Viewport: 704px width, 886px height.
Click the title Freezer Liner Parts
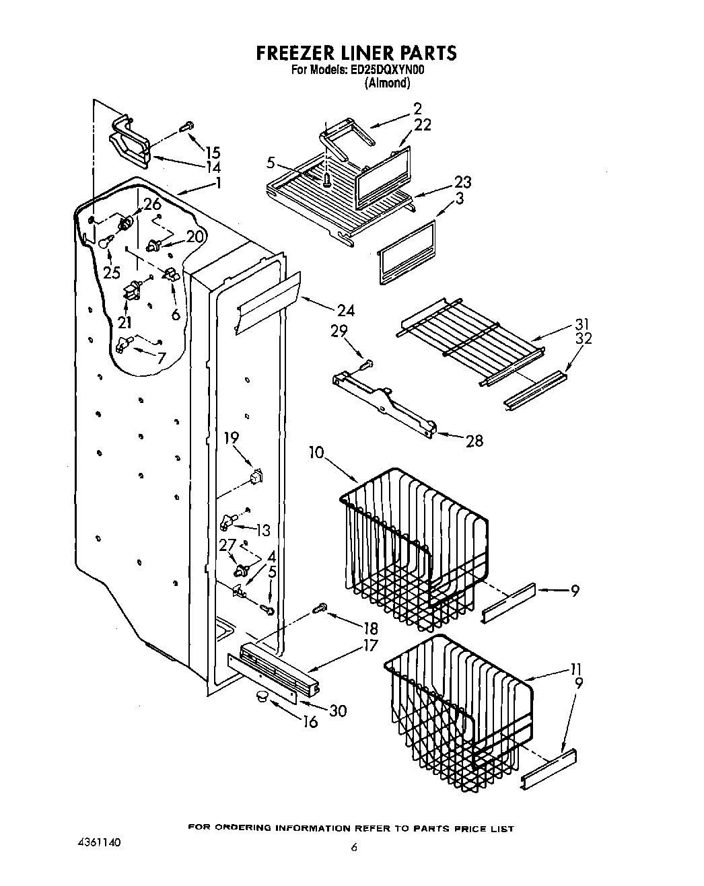(356, 52)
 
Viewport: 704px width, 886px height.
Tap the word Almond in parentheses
(387, 83)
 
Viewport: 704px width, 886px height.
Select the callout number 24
(345, 310)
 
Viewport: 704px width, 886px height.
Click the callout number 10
(317, 452)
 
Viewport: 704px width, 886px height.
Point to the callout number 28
(474, 441)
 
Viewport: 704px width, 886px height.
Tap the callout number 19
(232, 439)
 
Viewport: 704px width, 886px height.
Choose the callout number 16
(310, 723)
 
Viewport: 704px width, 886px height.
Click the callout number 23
(462, 182)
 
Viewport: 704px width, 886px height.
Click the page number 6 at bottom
(353, 848)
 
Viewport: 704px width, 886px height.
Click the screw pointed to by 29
(365, 364)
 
